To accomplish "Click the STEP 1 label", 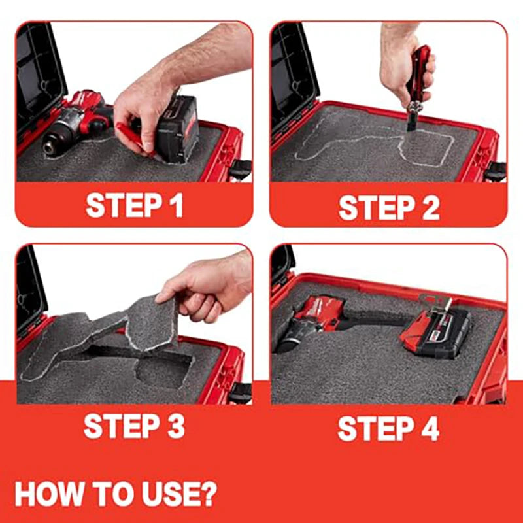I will click(134, 205).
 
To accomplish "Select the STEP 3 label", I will click(134, 426).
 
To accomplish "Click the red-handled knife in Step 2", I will click(417, 85).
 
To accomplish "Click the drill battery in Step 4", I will click(435, 333).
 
